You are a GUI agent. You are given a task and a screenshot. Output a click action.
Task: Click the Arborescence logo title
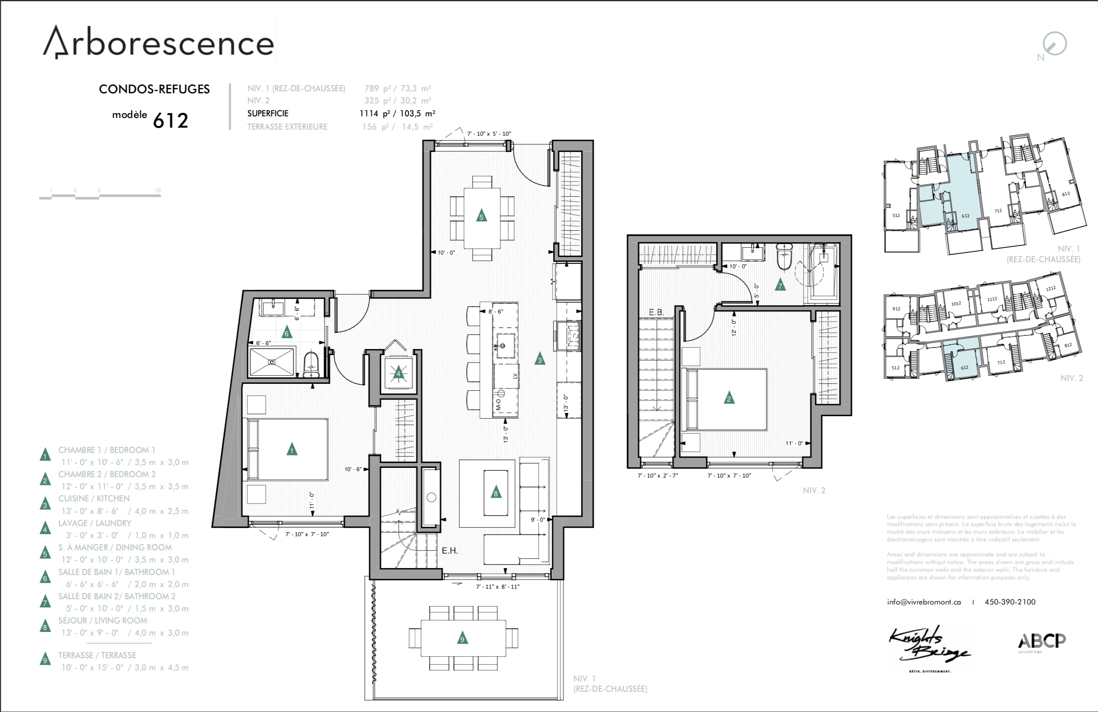pyautogui.click(x=158, y=43)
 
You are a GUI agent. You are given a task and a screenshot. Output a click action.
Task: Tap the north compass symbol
pyautogui.click(x=1055, y=45)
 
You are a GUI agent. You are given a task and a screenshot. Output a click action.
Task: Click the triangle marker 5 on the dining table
pyautogui.click(x=481, y=215)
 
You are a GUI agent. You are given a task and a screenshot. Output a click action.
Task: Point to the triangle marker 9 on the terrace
pyautogui.click(x=462, y=638)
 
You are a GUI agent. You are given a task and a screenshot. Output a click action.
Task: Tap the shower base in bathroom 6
pyautogui.click(x=272, y=362)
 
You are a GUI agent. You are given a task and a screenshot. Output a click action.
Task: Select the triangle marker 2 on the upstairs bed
pyautogui.click(x=728, y=398)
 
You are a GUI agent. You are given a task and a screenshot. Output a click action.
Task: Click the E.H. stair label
pyautogui.click(x=449, y=550)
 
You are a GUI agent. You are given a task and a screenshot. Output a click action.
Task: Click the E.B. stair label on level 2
pyautogui.click(x=656, y=312)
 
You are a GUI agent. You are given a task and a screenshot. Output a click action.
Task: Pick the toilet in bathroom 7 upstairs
pyautogui.click(x=784, y=258)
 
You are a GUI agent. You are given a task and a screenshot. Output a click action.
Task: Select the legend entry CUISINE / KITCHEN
pyautogui.click(x=94, y=498)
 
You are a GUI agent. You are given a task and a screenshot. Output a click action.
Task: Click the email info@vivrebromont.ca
pyautogui.click(x=923, y=602)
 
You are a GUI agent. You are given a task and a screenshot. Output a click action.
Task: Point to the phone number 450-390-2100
pyautogui.click(x=1010, y=602)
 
